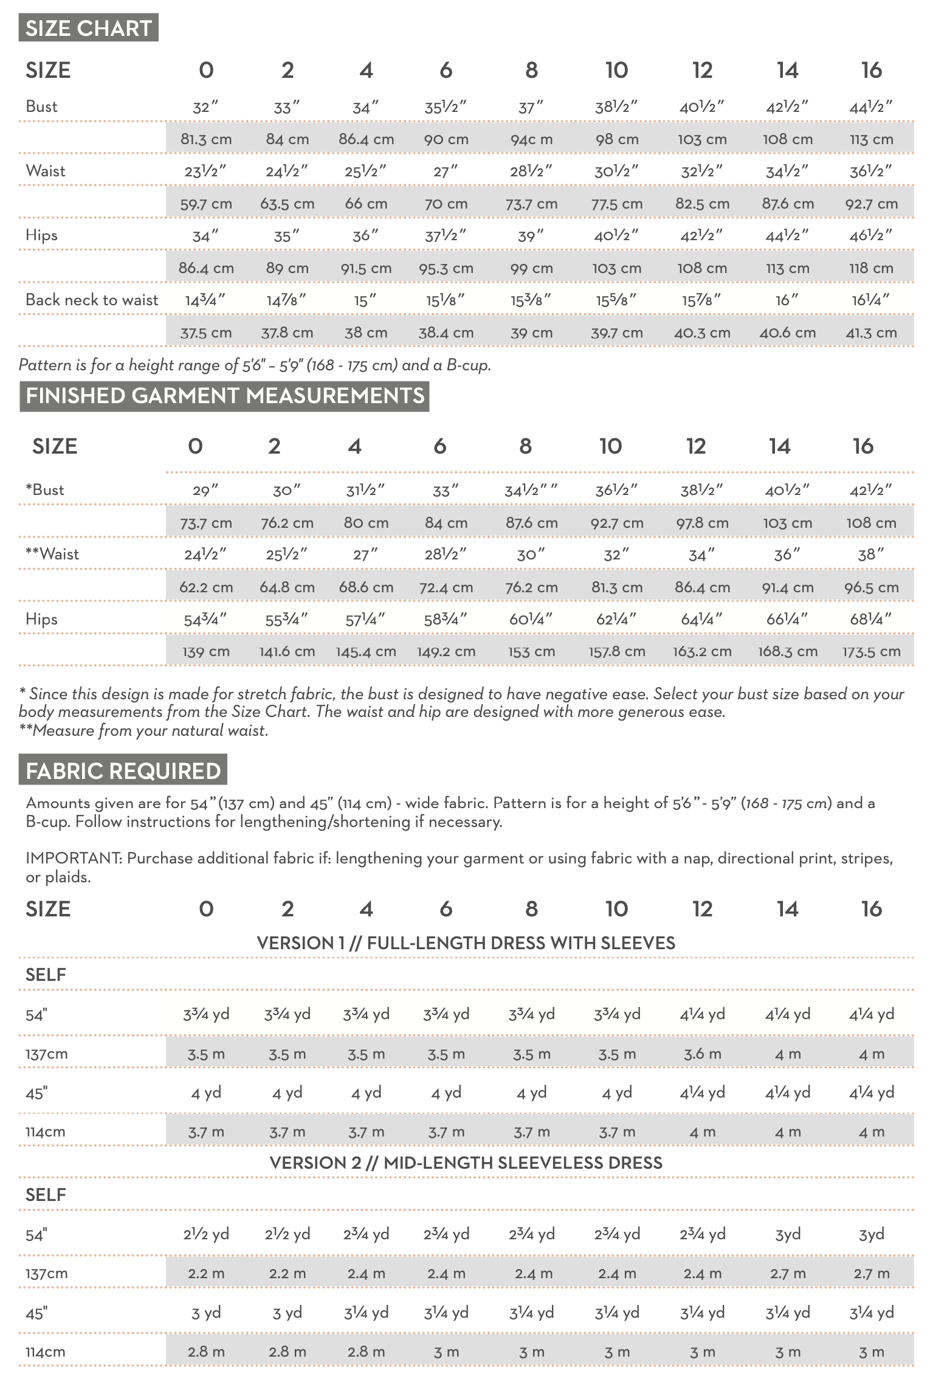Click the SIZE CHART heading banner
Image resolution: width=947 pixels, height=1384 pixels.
[88, 28]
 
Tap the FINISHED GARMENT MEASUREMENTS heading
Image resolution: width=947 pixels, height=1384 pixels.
[224, 396]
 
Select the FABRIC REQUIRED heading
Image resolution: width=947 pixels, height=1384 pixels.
[123, 770]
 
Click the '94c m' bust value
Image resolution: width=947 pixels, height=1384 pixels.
[531, 139]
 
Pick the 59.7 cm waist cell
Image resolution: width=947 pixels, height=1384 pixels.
[206, 204]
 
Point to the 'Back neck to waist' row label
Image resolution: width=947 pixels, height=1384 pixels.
[92, 300]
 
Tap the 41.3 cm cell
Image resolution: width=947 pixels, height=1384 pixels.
[871, 333]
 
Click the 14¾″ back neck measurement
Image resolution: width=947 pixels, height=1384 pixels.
[205, 300]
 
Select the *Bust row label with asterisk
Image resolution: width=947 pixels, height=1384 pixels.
[45, 490]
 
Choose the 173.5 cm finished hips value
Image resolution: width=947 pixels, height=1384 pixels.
[871, 651]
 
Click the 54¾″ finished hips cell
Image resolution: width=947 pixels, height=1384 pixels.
[205, 619]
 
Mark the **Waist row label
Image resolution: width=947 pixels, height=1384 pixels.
[52, 554]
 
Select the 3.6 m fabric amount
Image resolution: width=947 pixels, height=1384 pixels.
[702, 1054]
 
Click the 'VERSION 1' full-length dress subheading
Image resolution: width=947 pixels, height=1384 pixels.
[466, 943]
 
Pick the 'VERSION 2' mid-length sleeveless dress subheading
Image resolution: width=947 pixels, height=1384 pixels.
[466, 1163]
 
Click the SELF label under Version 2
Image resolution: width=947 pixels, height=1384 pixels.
[46, 1194]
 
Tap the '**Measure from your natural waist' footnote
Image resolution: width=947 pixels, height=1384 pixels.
[143, 730]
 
